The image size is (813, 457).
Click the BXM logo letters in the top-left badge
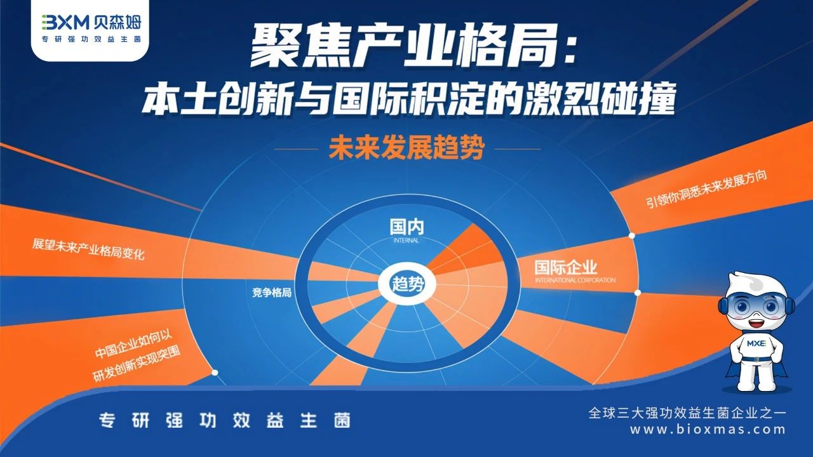click(65, 22)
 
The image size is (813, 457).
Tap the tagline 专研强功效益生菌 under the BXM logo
click(91, 39)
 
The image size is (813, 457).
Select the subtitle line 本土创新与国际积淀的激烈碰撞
click(408, 98)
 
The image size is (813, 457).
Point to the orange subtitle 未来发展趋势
click(406, 148)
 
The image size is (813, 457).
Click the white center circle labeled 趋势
click(406, 284)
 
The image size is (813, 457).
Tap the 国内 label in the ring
click(406, 227)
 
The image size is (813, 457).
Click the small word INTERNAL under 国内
click(406, 241)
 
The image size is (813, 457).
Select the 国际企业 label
click(565, 268)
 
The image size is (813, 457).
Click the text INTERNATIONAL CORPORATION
click(575, 280)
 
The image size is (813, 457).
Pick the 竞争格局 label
click(272, 293)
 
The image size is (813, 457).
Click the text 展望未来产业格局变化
click(88, 249)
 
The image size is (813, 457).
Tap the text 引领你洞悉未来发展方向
click(707, 189)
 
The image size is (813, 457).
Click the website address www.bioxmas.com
click(708, 430)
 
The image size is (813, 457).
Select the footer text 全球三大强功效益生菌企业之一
click(687, 413)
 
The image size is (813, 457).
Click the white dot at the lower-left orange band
click(215, 373)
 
